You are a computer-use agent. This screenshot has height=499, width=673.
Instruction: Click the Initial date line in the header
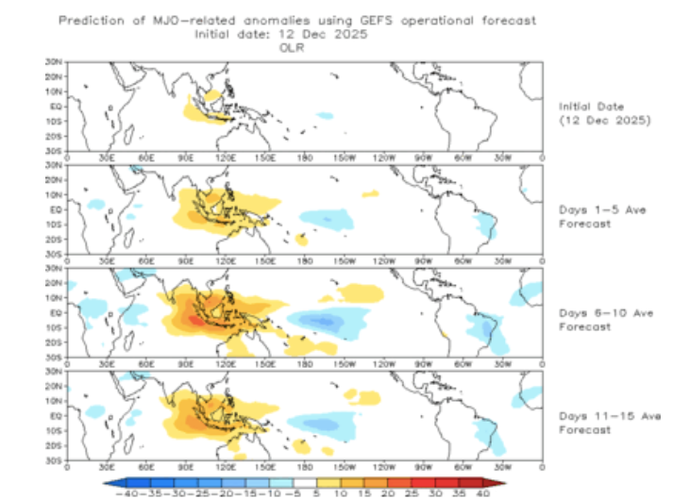click(x=280, y=33)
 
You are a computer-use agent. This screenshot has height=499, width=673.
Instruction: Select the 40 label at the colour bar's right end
click(x=483, y=491)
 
